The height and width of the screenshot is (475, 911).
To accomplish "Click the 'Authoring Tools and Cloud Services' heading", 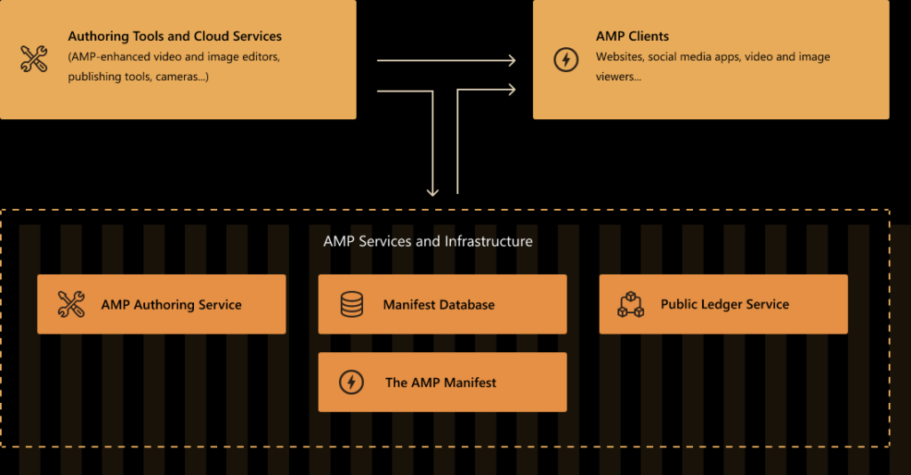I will pos(174,36).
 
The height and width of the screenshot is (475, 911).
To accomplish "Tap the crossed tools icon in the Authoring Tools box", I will pos(34,59).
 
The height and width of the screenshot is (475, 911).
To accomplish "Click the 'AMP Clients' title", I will pos(632,36).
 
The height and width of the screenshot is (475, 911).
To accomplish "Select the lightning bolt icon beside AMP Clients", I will pos(566,60).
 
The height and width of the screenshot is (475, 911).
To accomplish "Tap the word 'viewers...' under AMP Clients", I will pos(618,76).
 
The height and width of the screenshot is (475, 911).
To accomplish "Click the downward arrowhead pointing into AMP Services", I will pos(432,190).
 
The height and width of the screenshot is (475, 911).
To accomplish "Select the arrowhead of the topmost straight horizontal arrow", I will pos(512,60).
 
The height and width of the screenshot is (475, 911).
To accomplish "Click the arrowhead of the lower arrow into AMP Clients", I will pos(512,89).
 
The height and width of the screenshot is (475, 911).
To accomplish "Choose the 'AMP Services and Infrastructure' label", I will pos(428,241).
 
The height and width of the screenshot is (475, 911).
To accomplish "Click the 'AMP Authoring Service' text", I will pos(171,304).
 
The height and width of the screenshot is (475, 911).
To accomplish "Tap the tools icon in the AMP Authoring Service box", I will pos(70,304).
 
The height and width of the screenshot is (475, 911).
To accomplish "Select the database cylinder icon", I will pos(351,304).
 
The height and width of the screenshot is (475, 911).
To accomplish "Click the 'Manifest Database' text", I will pos(439,304).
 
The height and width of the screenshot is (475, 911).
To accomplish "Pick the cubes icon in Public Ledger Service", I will pos(631,304).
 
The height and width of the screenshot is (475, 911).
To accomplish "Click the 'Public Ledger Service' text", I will pos(724,304).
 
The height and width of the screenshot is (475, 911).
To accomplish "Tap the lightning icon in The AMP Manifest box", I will pos(351,382).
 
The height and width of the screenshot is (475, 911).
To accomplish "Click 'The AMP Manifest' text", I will pos(440,382).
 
